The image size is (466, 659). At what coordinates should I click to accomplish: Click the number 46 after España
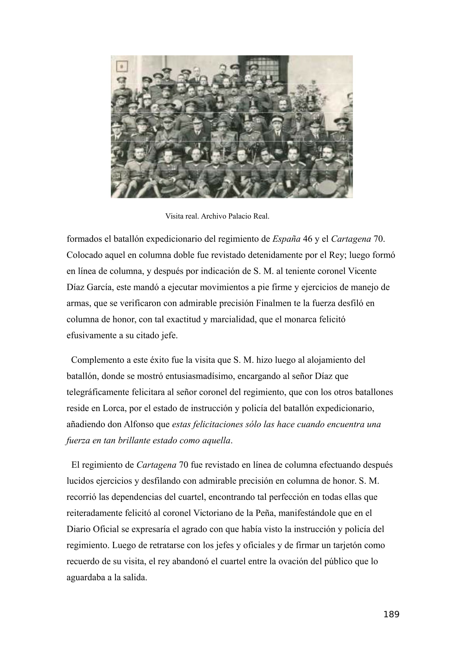pos(308,239)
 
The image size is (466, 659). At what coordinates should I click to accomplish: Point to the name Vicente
pos(362,271)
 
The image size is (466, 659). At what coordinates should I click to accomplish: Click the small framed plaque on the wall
pos(122,66)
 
